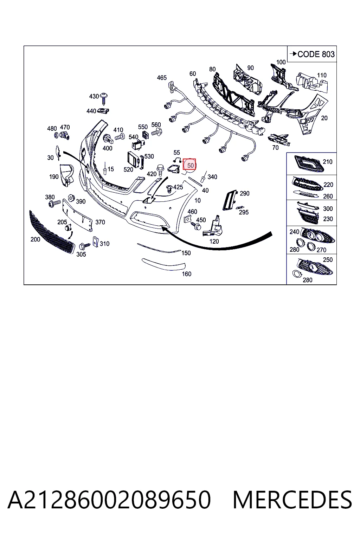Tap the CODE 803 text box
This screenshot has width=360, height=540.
pyautogui.click(x=312, y=54)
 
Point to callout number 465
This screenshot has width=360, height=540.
pyautogui.click(x=162, y=78)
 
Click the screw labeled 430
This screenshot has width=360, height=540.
pyautogui.click(x=104, y=99)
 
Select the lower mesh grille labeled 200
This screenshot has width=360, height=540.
pyautogui.click(x=52, y=232)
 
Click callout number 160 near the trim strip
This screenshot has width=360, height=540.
pyautogui.click(x=186, y=274)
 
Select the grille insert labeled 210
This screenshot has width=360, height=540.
pyautogui.click(x=309, y=164)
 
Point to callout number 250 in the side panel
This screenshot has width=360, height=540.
pyautogui.click(x=327, y=260)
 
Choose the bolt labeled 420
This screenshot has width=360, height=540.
pyautogui.click(x=160, y=171)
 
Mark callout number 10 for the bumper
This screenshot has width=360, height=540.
pyautogui.click(x=198, y=200)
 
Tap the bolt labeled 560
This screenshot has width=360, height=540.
pyautogui.click(x=157, y=132)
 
